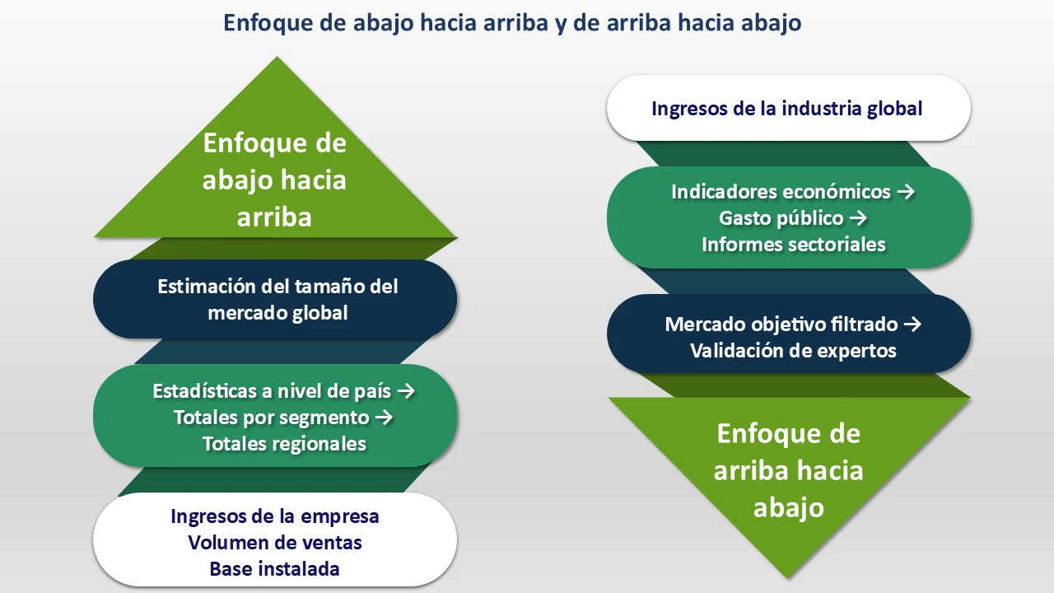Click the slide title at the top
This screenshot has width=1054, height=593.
[512, 23]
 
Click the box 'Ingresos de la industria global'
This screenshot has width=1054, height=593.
[788, 108]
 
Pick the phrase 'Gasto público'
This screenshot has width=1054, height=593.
[781, 218]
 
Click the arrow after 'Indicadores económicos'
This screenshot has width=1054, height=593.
[906, 192]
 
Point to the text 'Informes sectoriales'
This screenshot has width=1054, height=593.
[793, 245]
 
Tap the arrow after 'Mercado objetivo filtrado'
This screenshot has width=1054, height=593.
[912, 324]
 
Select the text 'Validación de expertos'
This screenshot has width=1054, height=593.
[793, 350]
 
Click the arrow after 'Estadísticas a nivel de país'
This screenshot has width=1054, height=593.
[405, 391]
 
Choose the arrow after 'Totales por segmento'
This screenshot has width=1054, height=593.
[384, 418]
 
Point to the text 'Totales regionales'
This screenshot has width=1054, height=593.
[284, 444]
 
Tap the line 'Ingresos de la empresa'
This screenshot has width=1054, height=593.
[275, 516]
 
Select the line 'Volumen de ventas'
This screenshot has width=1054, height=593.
[275, 543]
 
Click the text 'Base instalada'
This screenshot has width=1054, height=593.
[275, 569]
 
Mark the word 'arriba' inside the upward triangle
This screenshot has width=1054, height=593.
[275, 217]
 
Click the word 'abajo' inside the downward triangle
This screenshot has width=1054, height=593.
[788, 507]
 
